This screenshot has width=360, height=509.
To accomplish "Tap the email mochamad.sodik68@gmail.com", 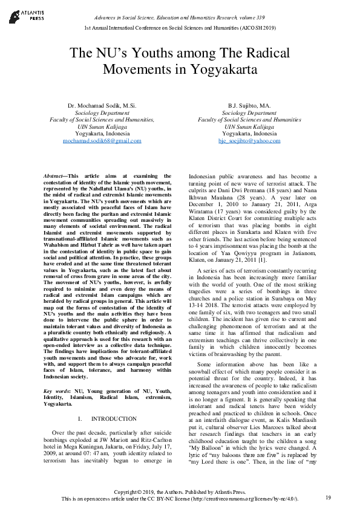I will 102,140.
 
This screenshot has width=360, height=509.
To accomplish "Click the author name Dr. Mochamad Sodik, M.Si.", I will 102,106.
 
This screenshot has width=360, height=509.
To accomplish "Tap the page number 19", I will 328,498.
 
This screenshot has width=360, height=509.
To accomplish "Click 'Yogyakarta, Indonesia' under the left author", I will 102,133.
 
